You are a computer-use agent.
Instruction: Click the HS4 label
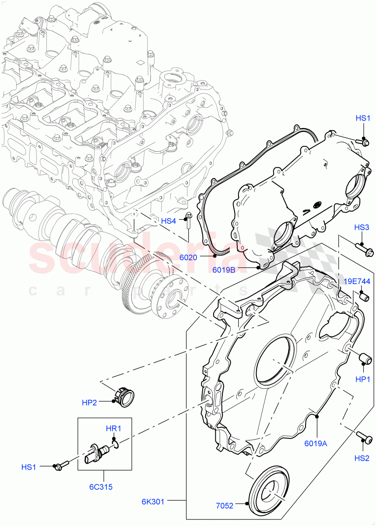(169, 221)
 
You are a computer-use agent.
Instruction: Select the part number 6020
(188, 258)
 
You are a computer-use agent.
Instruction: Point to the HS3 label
(362, 227)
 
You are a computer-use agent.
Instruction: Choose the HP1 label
(362, 380)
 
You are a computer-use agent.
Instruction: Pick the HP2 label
(89, 402)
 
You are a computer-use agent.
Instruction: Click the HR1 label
(113, 428)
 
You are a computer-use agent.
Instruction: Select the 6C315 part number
(103, 487)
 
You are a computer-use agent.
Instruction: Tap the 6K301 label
(153, 501)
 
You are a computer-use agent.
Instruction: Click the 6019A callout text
(316, 443)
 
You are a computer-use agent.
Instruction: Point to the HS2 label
(362, 458)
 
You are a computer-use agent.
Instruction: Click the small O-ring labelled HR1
(116, 446)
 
